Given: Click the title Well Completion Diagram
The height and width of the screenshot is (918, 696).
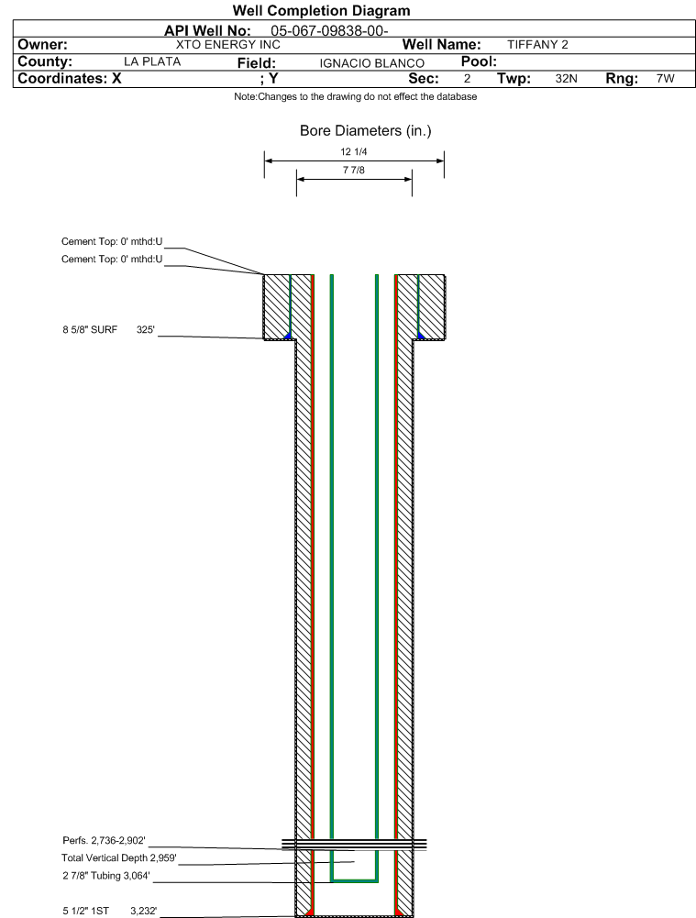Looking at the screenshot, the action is coord(321,10).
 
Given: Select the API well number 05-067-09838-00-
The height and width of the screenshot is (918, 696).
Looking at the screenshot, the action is coord(329,31).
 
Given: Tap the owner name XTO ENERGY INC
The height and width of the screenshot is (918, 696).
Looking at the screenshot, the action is coord(228,45).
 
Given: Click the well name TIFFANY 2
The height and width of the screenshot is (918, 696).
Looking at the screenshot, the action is coord(537,45).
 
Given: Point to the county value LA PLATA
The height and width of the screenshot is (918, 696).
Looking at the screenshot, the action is coord(152,62).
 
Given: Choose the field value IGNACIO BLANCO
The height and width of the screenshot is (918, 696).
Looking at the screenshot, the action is coord(371,63).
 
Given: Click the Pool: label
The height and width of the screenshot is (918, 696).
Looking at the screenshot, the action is coord(479,61).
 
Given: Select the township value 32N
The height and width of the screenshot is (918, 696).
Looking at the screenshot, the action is coord(566,79).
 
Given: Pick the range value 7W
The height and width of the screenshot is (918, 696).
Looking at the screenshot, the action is coord(666,79).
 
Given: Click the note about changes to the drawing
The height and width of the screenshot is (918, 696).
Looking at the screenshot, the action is coord(355,96).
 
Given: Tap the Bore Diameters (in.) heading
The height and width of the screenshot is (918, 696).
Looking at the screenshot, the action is coord(365,130).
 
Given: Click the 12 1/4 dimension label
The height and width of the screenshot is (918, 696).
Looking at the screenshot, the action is coord(354,151).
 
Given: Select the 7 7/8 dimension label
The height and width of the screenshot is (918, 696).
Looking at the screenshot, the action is coord(354,170).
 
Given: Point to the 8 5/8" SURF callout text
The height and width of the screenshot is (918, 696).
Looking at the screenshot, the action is coord(90,329).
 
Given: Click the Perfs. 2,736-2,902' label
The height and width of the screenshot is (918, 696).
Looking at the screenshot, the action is coord(104,841).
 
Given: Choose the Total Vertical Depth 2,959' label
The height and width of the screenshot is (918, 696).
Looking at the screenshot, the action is coord(119,858).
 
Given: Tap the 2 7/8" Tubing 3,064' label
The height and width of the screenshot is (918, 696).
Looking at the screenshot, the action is coord(106,876).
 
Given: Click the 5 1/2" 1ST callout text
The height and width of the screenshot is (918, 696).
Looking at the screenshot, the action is coord(86,911).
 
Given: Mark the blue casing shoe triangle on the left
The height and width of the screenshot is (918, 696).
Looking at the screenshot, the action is coord(288,336).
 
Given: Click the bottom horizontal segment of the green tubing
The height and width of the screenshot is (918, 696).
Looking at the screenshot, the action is coord(354,880).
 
